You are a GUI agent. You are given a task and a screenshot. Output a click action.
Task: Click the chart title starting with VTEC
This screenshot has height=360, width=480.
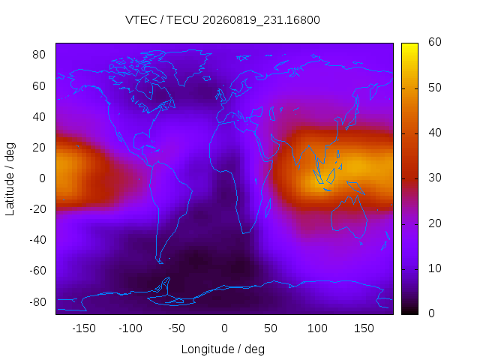point(223,20)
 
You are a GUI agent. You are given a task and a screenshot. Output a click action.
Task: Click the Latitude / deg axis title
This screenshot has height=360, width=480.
point(10,179)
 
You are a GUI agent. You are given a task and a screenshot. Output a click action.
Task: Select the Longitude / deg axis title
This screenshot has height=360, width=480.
point(223,349)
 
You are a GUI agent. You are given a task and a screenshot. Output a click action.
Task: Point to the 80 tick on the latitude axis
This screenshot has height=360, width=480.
point(39,55)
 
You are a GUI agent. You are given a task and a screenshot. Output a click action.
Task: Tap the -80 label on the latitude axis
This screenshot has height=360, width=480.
point(37,302)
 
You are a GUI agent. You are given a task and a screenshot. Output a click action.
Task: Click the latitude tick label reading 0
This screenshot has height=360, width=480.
point(42,178)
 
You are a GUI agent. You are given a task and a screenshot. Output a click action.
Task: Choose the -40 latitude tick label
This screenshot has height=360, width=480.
point(37,240)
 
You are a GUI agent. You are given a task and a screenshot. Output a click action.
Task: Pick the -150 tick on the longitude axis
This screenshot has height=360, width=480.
point(84,328)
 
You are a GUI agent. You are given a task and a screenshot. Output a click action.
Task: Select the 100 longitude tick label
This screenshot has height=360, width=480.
point(317,328)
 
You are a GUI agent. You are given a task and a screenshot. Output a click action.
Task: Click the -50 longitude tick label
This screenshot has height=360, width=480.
point(177,328)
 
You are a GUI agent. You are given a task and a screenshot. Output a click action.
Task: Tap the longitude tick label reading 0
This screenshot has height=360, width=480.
point(224,328)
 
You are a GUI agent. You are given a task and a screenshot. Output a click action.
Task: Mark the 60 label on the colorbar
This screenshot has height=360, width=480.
point(435,42)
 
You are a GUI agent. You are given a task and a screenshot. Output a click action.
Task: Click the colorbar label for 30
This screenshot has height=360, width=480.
point(435,178)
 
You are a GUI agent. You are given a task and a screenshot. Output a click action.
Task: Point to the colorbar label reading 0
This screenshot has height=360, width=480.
point(431,313)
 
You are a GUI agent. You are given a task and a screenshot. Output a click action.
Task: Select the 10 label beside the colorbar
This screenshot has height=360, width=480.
point(435,268)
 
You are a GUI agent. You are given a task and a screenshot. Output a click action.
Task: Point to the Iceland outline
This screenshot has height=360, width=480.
point(207,79)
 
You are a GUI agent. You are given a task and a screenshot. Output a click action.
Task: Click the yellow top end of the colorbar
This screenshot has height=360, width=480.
point(409,45)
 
